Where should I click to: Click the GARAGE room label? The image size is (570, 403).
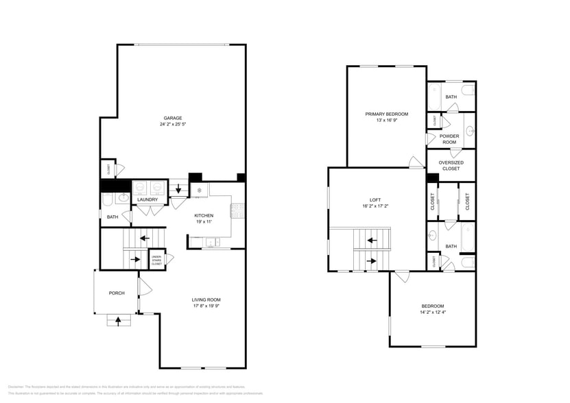pos(172,118)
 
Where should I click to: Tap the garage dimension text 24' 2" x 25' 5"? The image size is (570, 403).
pos(172,125)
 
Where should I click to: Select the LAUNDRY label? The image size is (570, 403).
pos(147,199)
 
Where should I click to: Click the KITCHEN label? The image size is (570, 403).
pos(204,215)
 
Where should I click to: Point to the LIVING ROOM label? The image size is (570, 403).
pos(206,300)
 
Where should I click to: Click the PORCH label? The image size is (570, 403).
pos(117,293)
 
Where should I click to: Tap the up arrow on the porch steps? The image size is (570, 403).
pos(118,319)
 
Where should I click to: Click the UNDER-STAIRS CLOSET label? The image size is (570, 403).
pos(156,260)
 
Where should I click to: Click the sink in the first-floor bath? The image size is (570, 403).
pos(122,199)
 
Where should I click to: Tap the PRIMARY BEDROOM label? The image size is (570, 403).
pos(387,114)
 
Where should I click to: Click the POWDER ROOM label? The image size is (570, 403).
pos(449,139)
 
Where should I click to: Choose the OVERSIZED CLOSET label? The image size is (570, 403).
pos(451,165)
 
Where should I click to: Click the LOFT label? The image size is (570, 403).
pos(375,199)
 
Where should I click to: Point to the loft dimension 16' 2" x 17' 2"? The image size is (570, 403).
pos(375,206)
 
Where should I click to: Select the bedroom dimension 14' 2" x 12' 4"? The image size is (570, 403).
pos(432,313)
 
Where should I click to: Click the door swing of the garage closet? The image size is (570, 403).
pos(119,169)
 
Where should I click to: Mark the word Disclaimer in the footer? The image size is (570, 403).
pos(16,387)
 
